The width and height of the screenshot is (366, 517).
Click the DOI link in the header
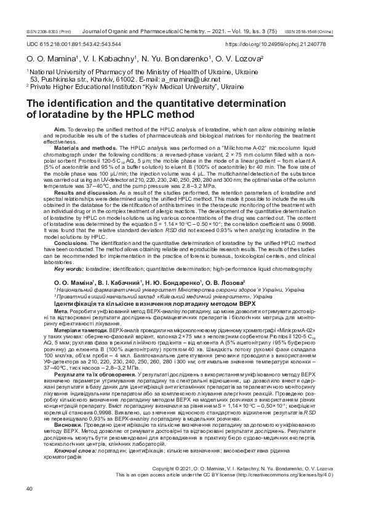coord(284,44)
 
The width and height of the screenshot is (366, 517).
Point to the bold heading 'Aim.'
coord(60,130)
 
